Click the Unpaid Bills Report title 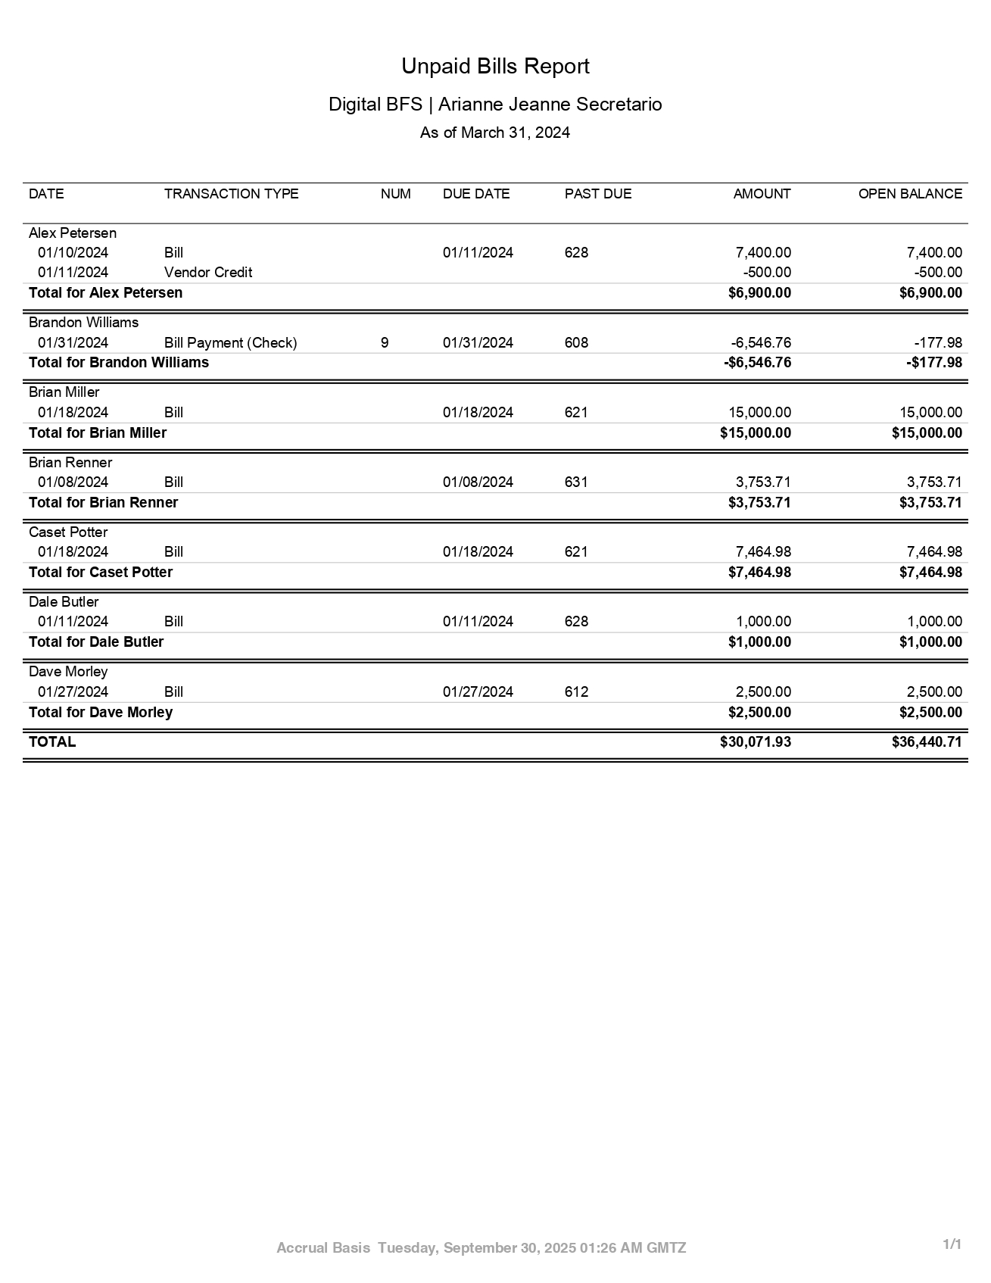(x=495, y=67)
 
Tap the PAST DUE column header (x=597, y=194)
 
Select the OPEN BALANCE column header (x=909, y=194)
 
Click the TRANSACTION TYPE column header (x=231, y=194)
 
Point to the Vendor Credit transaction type (x=207, y=273)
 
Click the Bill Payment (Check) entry (x=230, y=343)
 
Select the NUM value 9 (x=385, y=343)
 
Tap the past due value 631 (x=576, y=482)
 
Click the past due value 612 (x=576, y=692)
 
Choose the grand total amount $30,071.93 (x=755, y=742)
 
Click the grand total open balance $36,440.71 (x=927, y=742)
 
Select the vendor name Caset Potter (x=68, y=532)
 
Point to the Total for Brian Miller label (x=98, y=433)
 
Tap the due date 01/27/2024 (x=478, y=692)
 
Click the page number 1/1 (x=952, y=1244)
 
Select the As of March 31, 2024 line (x=495, y=133)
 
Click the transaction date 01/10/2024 (x=73, y=253)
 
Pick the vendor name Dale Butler (x=64, y=602)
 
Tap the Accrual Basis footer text (x=323, y=1248)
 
